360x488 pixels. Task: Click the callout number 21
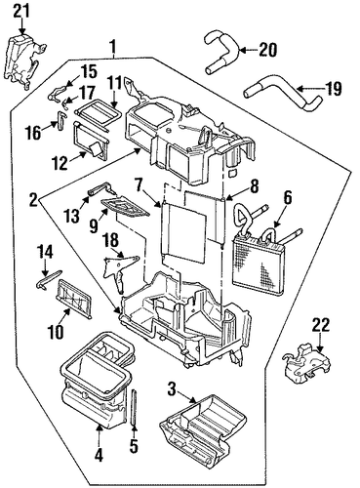coord(21,12)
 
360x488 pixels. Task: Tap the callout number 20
coord(267,50)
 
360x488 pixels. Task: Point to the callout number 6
coord(288,200)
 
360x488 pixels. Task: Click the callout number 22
coord(321,326)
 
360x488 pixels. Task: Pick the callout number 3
coord(173,389)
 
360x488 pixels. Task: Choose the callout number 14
coord(45,252)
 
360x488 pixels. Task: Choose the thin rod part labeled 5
coord(134,407)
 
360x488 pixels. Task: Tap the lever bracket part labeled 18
coord(120,270)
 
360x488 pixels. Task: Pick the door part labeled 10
coord(73,297)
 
